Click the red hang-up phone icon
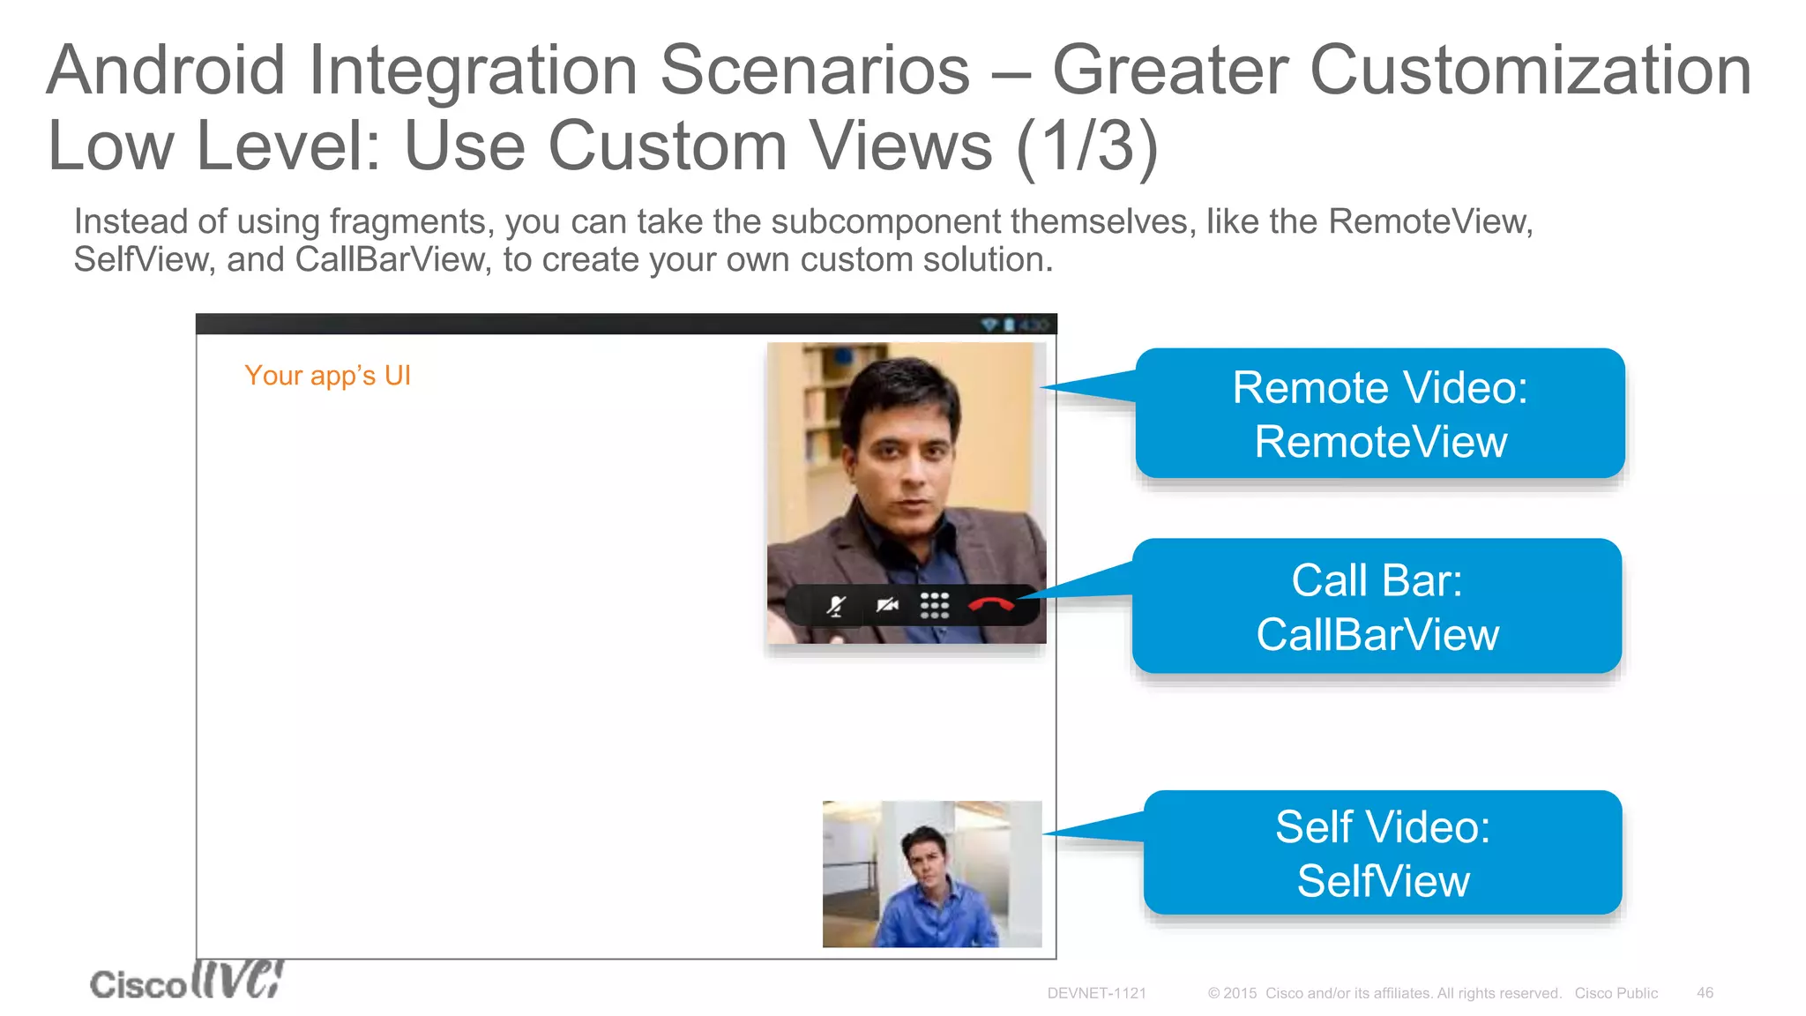tap(991, 605)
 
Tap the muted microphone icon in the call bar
tap(836, 606)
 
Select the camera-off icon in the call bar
tap(886, 605)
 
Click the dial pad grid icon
tap(935, 605)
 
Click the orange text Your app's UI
tap(327, 376)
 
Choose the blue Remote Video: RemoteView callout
tap(1379, 414)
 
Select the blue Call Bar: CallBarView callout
tap(1377, 607)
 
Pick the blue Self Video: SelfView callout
tap(1383, 853)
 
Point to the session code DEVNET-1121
tap(1096, 993)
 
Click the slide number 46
tap(1705, 993)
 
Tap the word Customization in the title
tap(1531, 71)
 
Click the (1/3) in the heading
tap(1086, 146)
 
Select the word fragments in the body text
tap(408, 222)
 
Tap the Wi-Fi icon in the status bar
tap(989, 325)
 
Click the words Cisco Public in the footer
tap(1616, 993)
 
